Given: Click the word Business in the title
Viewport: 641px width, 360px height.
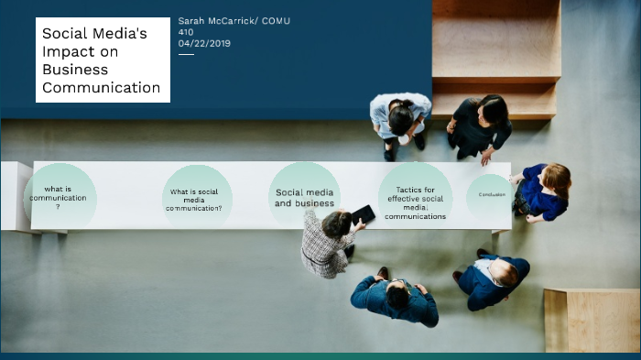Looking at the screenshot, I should tap(75, 70).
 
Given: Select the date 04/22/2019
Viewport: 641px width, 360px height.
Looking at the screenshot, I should tap(204, 43).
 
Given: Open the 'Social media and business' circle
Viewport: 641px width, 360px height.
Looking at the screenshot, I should tap(304, 196).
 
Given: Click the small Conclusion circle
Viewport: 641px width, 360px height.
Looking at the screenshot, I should tap(490, 194).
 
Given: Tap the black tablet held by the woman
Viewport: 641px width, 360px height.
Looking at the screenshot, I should tap(363, 214).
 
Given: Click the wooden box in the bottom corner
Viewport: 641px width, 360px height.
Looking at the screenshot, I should tap(592, 320).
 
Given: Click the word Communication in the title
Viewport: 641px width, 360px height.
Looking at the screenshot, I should tap(101, 88).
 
